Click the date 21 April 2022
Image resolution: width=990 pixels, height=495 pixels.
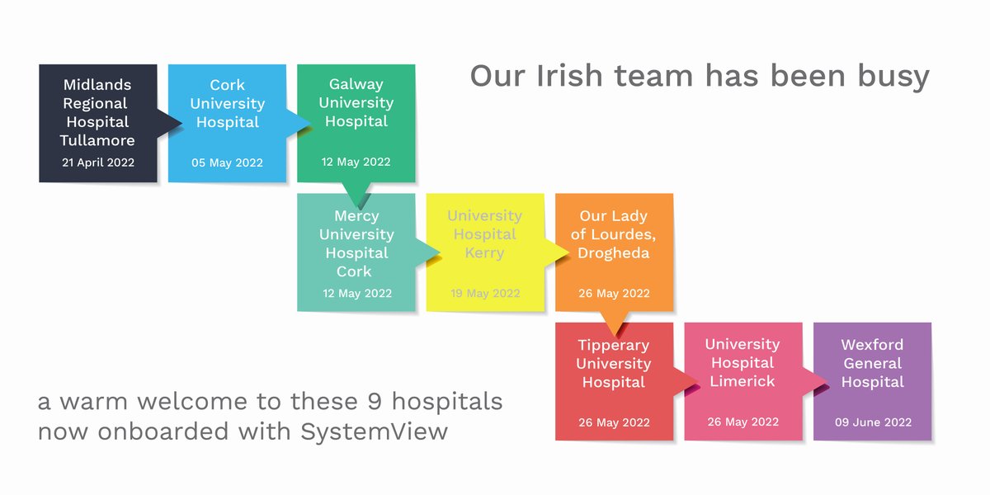pyautogui.click(x=97, y=163)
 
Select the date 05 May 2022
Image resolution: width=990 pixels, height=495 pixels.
pyautogui.click(x=227, y=163)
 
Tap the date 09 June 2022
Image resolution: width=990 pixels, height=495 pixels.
pyautogui.click(x=872, y=422)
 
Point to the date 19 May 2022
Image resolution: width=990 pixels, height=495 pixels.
pyautogui.click(x=485, y=293)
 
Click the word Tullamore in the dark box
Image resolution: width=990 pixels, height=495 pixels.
pyautogui.click(x=97, y=140)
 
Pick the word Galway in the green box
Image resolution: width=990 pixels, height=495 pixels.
pyautogui.click(x=356, y=84)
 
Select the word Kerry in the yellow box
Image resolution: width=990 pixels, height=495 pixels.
pyautogui.click(x=484, y=253)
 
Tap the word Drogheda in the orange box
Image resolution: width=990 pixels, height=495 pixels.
pyautogui.click(x=614, y=253)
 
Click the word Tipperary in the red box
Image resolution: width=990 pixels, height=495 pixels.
pyautogui.click(x=613, y=345)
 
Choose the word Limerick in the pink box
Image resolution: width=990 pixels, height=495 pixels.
pyautogui.click(x=742, y=381)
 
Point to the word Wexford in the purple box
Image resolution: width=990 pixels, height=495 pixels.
pyautogui.click(x=872, y=345)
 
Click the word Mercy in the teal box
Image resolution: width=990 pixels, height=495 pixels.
pyautogui.click(x=356, y=216)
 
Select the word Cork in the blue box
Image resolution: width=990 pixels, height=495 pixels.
pyautogui.click(x=227, y=85)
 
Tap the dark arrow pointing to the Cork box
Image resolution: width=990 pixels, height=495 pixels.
pyautogui.click(x=170, y=124)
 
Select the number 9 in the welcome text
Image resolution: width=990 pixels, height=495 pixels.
pyautogui.click(x=375, y=403)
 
